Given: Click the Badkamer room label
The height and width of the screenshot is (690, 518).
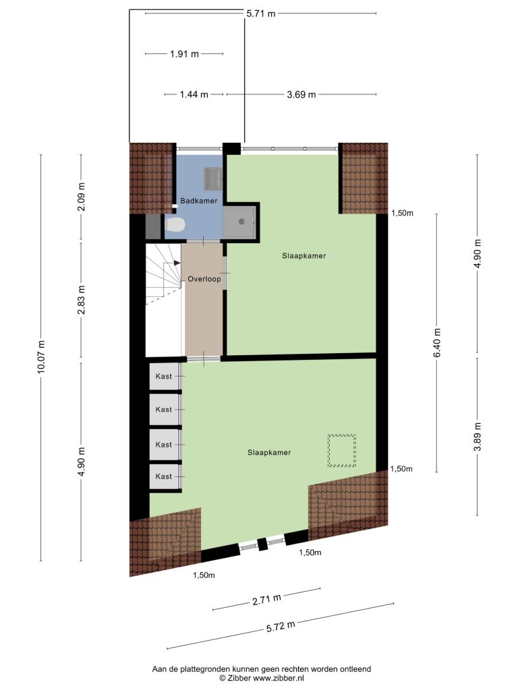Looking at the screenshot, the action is [199, 201].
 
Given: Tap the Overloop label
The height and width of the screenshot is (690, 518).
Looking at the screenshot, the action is [204, 278].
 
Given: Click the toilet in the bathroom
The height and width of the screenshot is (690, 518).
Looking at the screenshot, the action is [175, 225].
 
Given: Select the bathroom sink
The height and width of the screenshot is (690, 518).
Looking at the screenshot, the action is [214, 177].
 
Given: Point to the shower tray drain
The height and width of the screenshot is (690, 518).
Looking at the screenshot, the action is [241, 222].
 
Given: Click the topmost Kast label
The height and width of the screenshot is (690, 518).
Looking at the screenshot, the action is [163, 376].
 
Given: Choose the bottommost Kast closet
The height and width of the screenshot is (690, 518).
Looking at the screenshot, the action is [165, 476].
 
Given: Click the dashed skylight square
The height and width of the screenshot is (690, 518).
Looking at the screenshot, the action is [341, 451].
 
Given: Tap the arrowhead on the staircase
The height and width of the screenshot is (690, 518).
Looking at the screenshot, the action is [177, 263].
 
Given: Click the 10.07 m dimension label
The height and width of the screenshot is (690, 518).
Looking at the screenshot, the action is [41, 357].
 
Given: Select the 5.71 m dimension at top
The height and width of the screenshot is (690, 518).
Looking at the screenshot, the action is [261, 13].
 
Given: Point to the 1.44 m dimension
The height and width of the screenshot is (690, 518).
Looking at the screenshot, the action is [194, 94].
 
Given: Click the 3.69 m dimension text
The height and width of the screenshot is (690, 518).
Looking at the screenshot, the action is [301, 94].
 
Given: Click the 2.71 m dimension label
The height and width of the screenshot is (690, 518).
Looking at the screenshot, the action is [266, 599].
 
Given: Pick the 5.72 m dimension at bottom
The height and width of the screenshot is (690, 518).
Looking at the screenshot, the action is [281, 626].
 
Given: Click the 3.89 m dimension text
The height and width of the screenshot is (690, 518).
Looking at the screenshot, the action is [478, 437].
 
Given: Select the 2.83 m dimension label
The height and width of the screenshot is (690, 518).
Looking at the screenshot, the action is [81, 300].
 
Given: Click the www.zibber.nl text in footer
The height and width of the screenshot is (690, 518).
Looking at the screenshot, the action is [279, 678].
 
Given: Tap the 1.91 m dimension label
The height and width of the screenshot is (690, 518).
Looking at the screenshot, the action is [184, 54].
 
